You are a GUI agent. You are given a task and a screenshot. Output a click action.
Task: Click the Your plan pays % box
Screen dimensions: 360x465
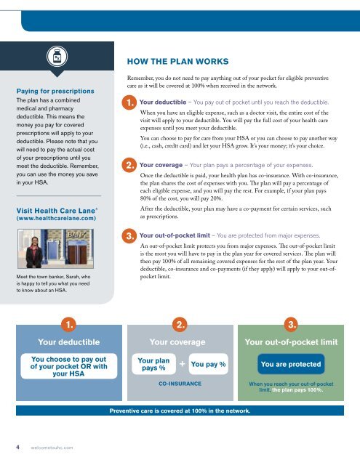(151, 363)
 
